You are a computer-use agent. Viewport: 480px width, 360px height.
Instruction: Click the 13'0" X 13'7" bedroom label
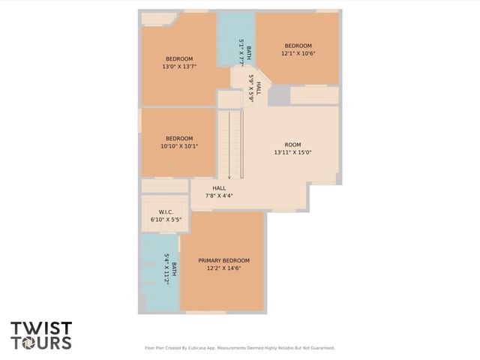178,63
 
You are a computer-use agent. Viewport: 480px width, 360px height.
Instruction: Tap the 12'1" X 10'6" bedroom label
297,49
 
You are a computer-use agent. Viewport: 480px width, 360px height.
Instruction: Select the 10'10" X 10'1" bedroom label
179,142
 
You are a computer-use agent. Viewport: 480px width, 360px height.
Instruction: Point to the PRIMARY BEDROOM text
223,260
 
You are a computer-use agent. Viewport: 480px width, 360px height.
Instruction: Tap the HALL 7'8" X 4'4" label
219,192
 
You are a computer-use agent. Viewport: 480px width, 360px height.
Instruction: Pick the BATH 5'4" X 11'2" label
170,267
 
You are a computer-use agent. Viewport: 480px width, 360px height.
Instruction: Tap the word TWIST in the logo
41,328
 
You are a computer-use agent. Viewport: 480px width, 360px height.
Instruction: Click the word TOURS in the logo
41,343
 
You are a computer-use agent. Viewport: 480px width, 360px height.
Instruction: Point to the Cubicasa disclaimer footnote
239,348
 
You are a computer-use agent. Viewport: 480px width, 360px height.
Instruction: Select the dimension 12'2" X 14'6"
223,268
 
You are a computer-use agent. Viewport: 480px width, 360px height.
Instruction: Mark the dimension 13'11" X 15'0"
292,152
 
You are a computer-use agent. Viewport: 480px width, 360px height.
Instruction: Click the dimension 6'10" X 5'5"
166,220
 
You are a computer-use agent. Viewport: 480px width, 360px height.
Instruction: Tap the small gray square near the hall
279,95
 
